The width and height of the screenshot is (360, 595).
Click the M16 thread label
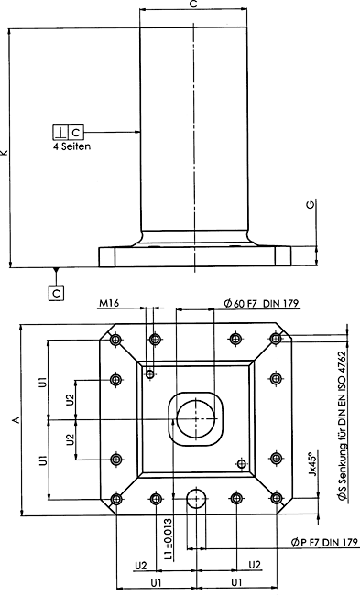[x=109, y=303]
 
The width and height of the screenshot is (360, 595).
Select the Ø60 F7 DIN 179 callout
[x=261, y=304]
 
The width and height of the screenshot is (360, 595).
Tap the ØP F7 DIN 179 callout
[x=324, y=542]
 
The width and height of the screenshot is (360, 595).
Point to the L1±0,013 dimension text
[x=169, y=539]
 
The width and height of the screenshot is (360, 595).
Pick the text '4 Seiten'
[x=71, y=146]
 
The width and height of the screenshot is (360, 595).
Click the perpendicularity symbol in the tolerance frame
[x=60, y=133]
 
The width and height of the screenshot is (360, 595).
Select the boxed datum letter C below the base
[x=56, y=293]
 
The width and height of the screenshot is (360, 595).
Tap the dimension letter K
[x=5, y=152]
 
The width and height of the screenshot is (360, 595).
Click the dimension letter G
[x=311, y=205]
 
